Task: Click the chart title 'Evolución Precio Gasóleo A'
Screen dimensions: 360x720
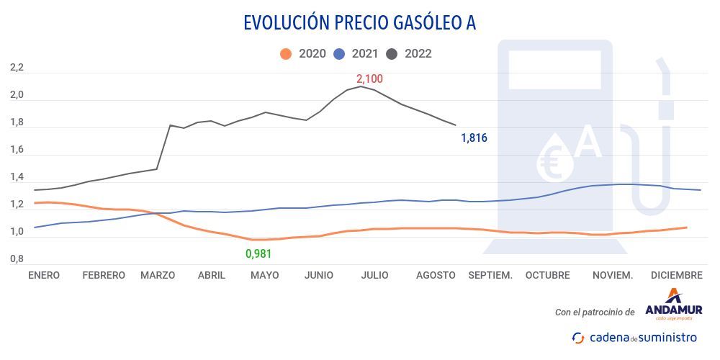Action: tap(359, 22)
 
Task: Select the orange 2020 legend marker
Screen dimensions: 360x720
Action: tap(286, 53)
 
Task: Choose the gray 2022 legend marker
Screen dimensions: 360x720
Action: tap(393, 53)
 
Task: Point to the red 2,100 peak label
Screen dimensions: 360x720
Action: tap(369, 78)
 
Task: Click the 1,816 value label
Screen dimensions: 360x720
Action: tap(474, 138)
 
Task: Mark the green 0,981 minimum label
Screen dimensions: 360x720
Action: tap(258, 253)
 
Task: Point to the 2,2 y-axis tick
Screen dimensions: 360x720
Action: tap(17, 68)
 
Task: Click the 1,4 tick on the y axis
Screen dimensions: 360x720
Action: tap(17, 177)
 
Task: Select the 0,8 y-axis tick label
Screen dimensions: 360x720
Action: tap(17, 259)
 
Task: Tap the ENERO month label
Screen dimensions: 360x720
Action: tap(44, 275)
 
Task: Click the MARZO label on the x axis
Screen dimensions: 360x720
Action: tap(158, 275)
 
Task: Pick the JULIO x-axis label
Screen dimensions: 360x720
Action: tap(374, 275)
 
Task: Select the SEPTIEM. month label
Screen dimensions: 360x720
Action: tap(490, 275)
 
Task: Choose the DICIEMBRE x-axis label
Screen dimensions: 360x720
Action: tap(676, 275)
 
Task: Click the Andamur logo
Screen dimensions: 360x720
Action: tap(673, 302)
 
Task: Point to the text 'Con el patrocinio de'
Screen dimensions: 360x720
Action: tap(595, 312)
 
